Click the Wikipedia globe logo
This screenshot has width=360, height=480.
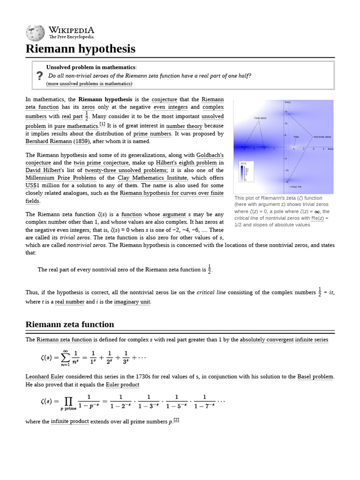coord(36,32)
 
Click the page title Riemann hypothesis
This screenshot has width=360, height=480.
coord(80,49)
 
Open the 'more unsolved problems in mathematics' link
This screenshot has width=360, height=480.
coord(89,84)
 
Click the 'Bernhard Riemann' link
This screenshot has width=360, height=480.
coord(49,141)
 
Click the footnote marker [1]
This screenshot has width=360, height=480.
coord(102,124)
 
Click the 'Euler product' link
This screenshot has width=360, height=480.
coord(122,385)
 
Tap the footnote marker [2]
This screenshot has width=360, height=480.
coord(176,420)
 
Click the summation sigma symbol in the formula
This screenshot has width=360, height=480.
coord(66,358)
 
